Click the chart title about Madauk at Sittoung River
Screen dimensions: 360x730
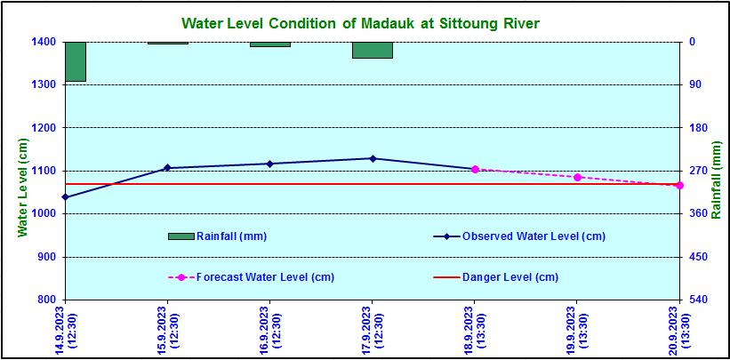[x=360, y=21]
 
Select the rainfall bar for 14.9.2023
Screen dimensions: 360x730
[x=76, y=61]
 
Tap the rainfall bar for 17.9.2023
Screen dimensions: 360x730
[x=372, y=50]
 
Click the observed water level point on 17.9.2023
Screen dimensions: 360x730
[x=373, y=158]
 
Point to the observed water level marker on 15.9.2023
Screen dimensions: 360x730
[x=167, y=168]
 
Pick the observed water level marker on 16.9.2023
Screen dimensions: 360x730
[x=269, y=164]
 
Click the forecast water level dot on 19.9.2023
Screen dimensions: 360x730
[x=577, y=177]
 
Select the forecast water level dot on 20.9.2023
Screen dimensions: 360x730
[x=679, y=185]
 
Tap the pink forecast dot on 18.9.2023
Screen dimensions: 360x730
[x=475, y=169]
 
